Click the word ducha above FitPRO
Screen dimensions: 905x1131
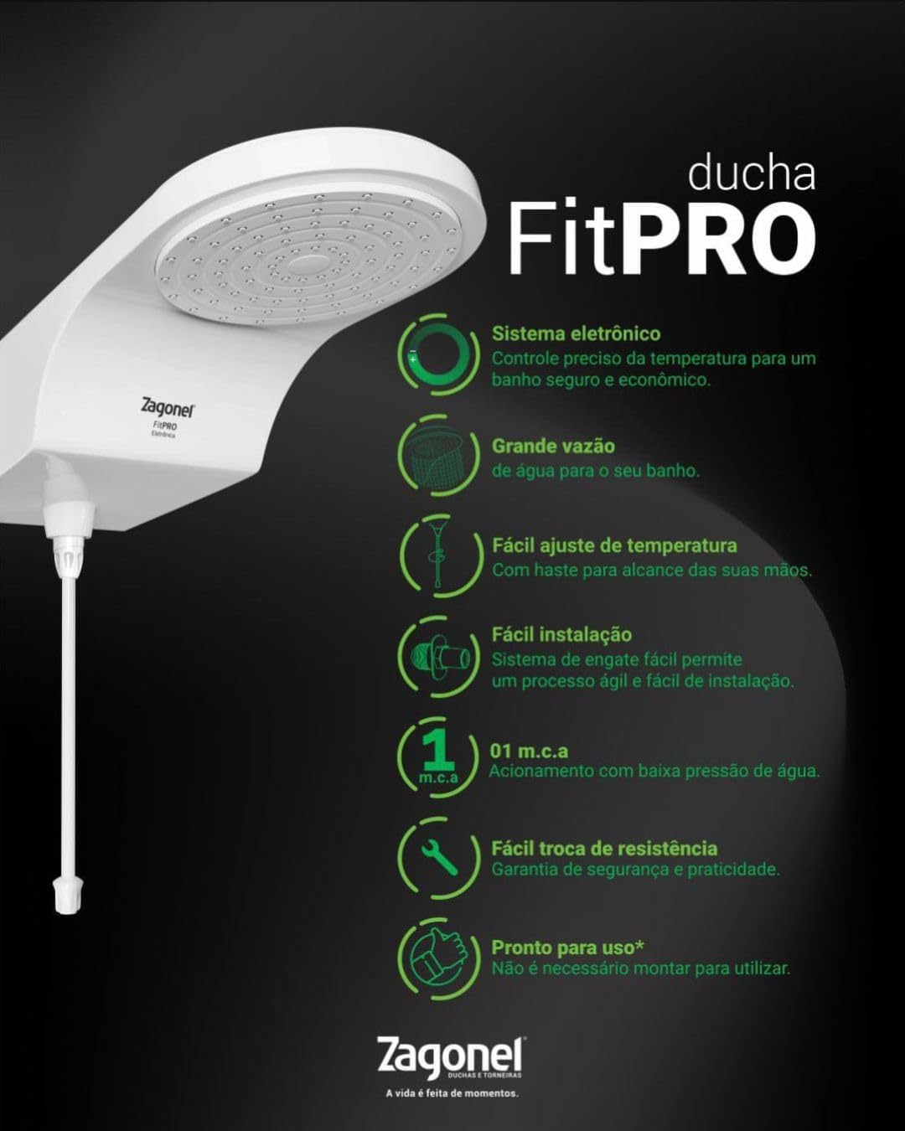pos(752,173)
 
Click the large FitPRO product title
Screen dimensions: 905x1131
pos(662,237)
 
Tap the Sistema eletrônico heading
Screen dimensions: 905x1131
pos(576,333)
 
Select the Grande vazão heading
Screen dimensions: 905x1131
pos(553,447)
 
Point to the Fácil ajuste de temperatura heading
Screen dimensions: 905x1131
pos(614,545)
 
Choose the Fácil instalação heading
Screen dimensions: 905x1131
pos(561,634)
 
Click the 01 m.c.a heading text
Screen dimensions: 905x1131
pos(529,751)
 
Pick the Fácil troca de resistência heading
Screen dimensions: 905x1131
pos(604,848)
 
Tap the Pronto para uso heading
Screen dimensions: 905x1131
pos(567,948)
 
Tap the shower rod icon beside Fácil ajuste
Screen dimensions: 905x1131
pos(437,554)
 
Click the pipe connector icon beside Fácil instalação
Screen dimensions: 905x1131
pos(440,657)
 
